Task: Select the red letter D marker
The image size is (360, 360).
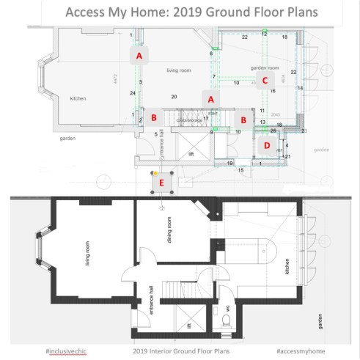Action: pos(267,145)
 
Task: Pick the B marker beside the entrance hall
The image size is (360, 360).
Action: pos(154,117)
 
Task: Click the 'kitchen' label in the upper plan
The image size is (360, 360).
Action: pos(79,98)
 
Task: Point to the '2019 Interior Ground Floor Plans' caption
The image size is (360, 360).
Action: pos(180,351)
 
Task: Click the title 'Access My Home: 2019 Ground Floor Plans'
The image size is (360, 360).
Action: pos(180,12)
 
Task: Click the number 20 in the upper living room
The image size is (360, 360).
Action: pos(174,97)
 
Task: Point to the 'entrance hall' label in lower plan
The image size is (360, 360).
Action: pos(151,300)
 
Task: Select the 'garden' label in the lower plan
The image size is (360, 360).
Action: pos(320,320)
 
